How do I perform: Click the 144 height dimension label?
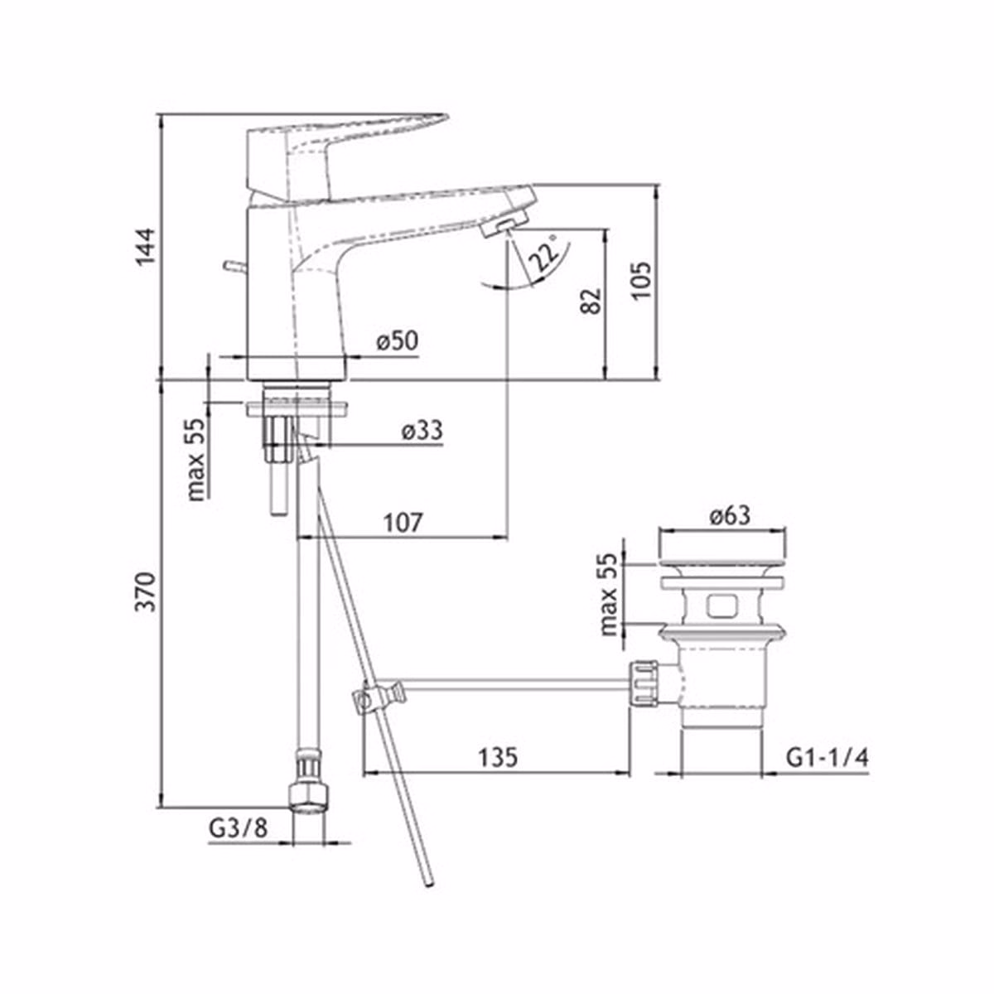tap(146, 246)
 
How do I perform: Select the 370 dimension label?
tap(146, 591)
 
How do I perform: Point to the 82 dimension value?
tap(591, 301)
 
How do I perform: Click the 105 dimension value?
tap(642, 281)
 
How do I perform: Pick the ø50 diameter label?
tap(397, 341)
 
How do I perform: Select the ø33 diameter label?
tap(422, 430)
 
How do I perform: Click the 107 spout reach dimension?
tap(403, 523)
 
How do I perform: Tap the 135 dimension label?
tap(497, 758)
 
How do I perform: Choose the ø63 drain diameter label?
tap(730, 515)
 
